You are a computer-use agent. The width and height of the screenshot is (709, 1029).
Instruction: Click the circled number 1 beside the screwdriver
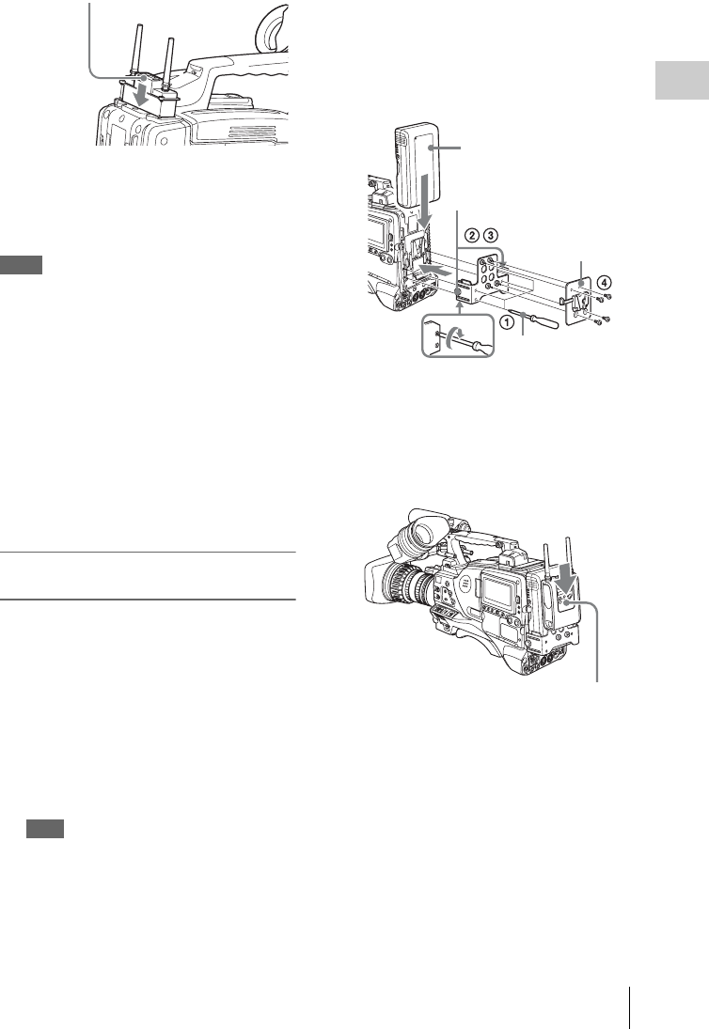pos(506,322)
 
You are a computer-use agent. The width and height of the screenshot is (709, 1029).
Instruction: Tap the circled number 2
pos(471,234)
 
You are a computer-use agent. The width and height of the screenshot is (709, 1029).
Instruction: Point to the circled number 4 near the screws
pos(604,283)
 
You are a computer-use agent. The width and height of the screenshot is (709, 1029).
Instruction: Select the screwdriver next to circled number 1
pos(542,320)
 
